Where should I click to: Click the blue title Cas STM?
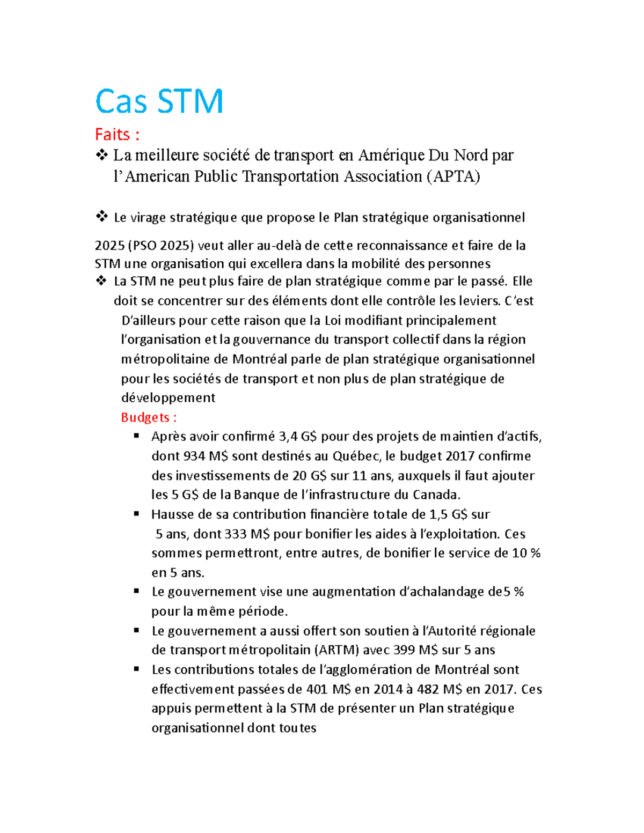click(159, 101)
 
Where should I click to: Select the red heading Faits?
click(116, 134)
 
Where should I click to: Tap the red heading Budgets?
click(149, 417)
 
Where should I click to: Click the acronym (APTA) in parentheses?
click(453, 176)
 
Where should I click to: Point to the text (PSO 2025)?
click(160, 246)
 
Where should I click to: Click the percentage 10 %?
click(526, 553)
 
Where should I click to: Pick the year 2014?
click(388, 689)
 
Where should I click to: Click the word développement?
click(168, 398)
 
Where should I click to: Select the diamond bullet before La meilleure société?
click(101, 155)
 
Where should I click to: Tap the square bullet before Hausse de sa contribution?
click(137, 514)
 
